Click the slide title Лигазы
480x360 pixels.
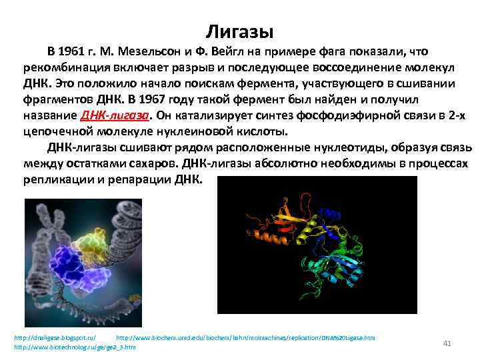coord(239,31)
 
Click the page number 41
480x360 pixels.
coord(447,343)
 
